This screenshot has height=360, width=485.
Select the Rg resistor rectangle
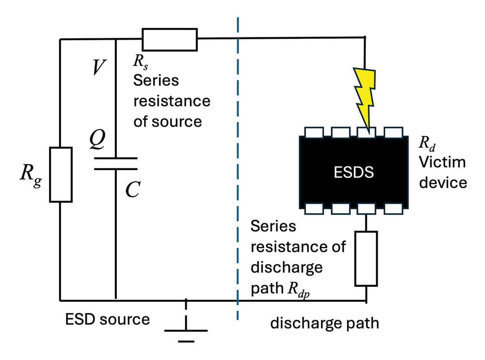point(60,174)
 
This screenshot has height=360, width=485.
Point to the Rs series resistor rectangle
point(170,39)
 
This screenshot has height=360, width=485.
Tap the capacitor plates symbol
point(115,163)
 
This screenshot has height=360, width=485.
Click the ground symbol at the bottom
point(186,329)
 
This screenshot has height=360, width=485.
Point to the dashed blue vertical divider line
point(238,170)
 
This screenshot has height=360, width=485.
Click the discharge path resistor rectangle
point(366,258)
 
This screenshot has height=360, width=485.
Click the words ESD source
point(107,320)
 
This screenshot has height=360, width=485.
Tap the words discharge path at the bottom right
point(324,323)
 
